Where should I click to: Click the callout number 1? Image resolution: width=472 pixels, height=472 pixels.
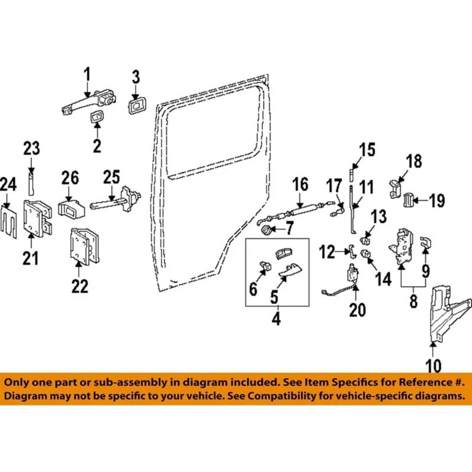tap(87, 75)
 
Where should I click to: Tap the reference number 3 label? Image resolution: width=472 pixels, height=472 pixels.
tap(136, 77)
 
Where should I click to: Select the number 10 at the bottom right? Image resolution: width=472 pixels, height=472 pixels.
tap(434, 366)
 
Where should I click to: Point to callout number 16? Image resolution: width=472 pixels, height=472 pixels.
tap(300, 184)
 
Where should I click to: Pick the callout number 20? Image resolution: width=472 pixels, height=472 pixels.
tap(358, 309)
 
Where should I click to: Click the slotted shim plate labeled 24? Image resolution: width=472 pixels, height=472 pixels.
tap(9, 219)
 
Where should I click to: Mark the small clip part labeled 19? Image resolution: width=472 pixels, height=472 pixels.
tap(408, 201)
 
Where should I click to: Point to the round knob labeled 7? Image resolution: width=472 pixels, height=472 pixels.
tap(266, 227)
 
